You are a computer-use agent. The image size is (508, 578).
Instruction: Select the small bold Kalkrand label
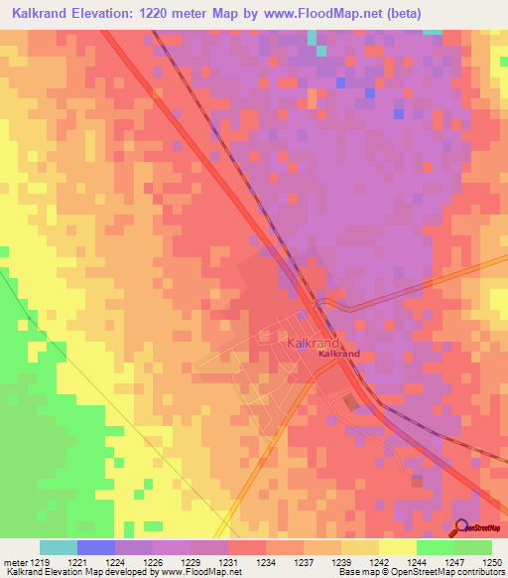click(x=338, y=354)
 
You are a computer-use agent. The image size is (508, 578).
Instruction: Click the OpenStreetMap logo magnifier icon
click(x=463, y=529)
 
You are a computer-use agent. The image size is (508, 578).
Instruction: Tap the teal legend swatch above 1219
click(x=59, y=547)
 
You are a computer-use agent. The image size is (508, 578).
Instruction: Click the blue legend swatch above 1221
click(x=96, y=547)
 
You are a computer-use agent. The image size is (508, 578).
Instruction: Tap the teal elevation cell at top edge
click(x=312, y=38)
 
